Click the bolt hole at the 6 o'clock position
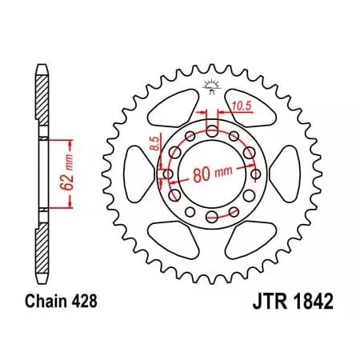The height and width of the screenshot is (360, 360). (211, 217)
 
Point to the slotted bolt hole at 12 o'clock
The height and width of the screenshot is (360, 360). (211, 129)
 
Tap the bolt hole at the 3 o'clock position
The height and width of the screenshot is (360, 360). (255, 174)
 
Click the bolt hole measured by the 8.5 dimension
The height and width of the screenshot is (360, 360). (168, 174)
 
